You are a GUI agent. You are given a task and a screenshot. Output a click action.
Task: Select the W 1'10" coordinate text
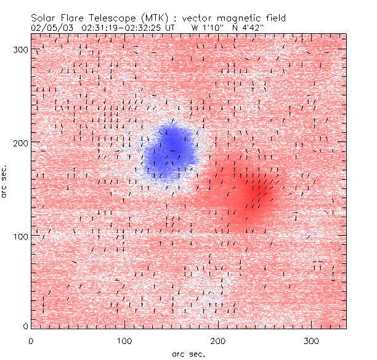[x=208, y=28]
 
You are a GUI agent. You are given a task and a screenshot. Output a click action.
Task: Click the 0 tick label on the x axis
[x=31, y=340]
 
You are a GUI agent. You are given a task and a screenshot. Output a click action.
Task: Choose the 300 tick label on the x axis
[x=312, y=340]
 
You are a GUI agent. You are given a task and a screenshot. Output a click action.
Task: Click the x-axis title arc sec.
[x=188, y=353]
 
